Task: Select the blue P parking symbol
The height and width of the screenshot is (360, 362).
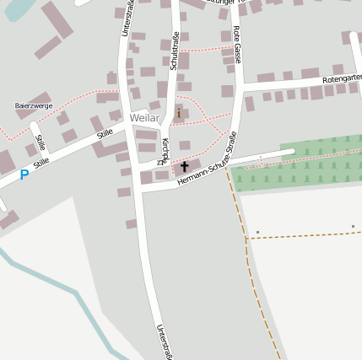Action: [x=24, y=175]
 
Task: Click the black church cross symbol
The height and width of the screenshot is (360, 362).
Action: [x=184, y=166]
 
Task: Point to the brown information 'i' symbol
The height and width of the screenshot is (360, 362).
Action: [x=178, y=112]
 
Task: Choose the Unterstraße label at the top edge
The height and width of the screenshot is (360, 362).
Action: [x=127, y=17]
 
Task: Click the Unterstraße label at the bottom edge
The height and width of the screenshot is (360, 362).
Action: [x=165, y=342]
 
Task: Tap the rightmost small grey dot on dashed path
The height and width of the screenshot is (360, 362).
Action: [x=353, y=227]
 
